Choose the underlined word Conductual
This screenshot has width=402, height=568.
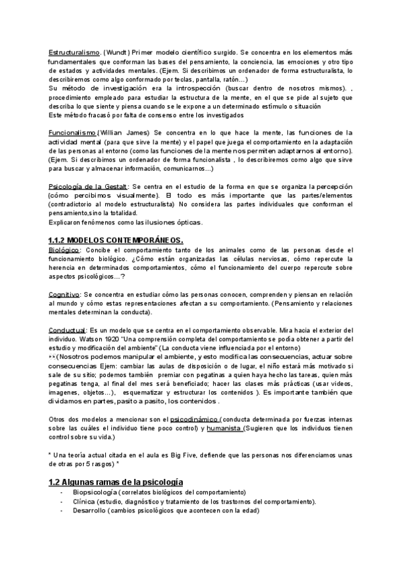(x=67, y=330)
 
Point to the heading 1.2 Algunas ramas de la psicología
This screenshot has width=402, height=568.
(x=117, y=482)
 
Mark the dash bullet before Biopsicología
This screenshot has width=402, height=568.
(x=61, y=492)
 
